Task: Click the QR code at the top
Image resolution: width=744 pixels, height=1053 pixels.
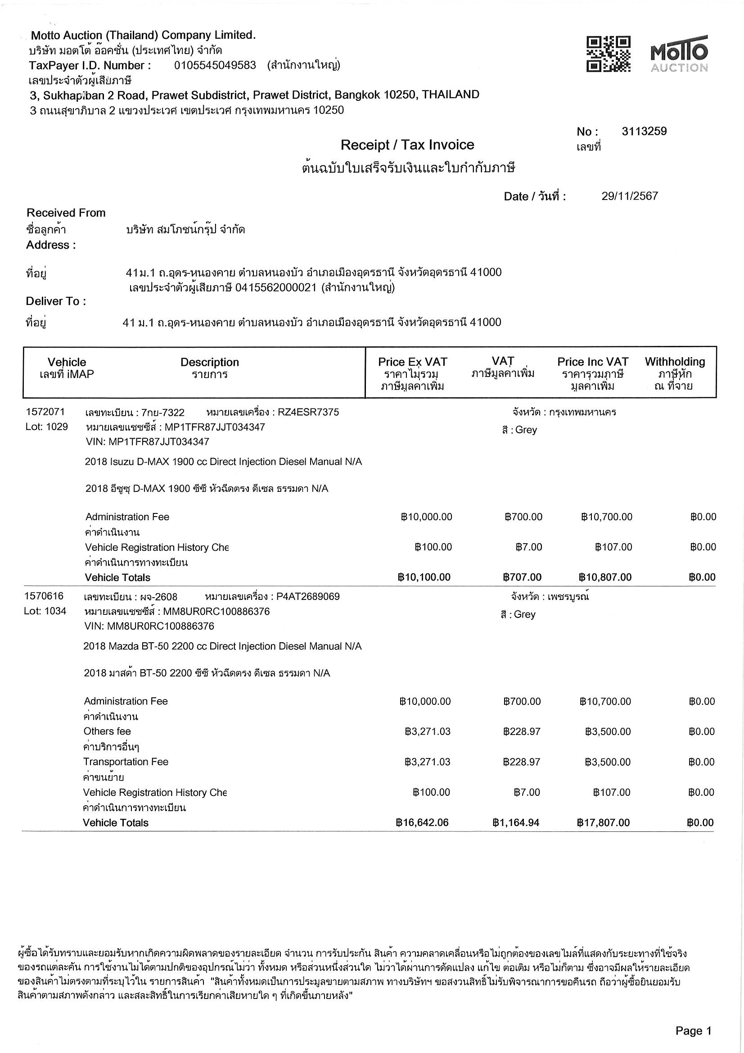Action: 608,54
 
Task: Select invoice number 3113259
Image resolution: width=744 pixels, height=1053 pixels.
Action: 644,132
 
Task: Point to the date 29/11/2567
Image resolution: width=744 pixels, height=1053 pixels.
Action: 629,196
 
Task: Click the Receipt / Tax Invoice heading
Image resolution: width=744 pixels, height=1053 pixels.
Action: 407,145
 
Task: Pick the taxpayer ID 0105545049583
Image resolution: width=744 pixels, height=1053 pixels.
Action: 215,65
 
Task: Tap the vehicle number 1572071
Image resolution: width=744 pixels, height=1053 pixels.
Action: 45,412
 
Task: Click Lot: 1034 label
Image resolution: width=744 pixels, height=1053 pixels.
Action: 45,611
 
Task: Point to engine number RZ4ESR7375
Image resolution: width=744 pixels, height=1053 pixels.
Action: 308,412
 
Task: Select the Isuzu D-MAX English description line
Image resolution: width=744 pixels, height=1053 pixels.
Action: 223,462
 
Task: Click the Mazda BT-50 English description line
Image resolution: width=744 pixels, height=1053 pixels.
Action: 222,646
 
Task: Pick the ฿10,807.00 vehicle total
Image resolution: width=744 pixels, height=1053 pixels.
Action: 605,577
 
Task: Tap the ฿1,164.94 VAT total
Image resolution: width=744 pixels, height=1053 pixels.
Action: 516,823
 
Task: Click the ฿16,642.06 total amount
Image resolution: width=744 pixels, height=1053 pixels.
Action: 422,823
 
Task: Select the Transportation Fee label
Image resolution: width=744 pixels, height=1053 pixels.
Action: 126,762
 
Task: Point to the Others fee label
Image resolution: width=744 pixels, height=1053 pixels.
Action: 107,731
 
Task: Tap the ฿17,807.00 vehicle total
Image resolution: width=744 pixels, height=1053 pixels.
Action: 603,823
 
